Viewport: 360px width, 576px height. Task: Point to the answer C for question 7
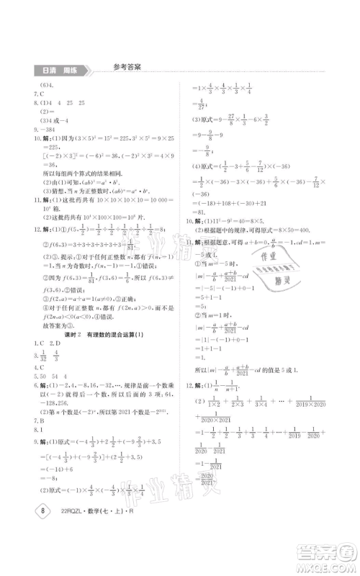point(44,94)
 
